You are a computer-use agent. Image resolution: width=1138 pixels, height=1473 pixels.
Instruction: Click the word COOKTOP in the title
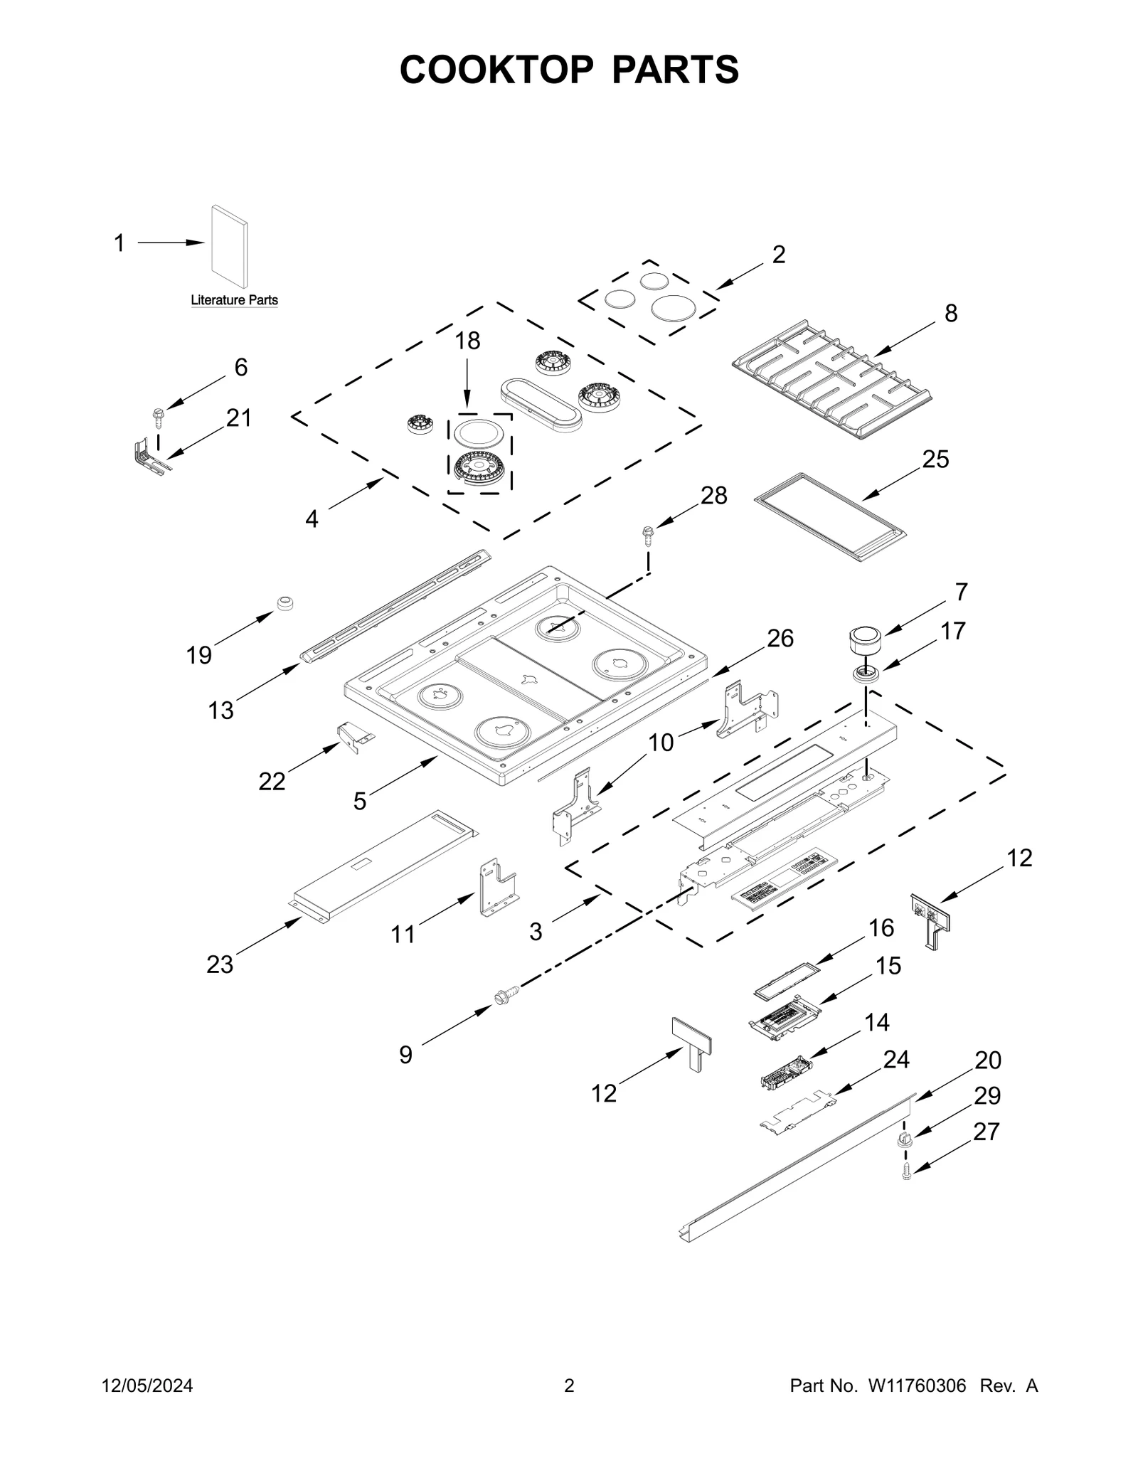pos(496,70)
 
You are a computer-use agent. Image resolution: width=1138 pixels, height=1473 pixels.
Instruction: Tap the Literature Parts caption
pos(234,300)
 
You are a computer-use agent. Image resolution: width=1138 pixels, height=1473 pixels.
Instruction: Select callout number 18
pos(467,341)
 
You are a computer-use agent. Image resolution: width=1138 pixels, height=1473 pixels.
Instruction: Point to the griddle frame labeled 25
pos(831,517)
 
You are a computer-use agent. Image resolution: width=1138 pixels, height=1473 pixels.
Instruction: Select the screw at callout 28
pos(648,533)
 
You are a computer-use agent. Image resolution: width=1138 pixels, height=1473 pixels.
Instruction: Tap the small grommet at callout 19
pos(285,603)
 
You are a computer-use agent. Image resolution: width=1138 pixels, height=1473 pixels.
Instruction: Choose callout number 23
pos(220,964)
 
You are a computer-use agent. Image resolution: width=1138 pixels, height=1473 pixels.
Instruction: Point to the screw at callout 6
pos(158,415)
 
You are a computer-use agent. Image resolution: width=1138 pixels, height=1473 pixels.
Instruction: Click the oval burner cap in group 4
pos(541,404)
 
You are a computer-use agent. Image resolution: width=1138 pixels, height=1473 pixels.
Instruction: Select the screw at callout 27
pos(906,1172)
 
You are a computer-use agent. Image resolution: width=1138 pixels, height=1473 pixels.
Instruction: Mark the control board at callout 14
pos(786,1071)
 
